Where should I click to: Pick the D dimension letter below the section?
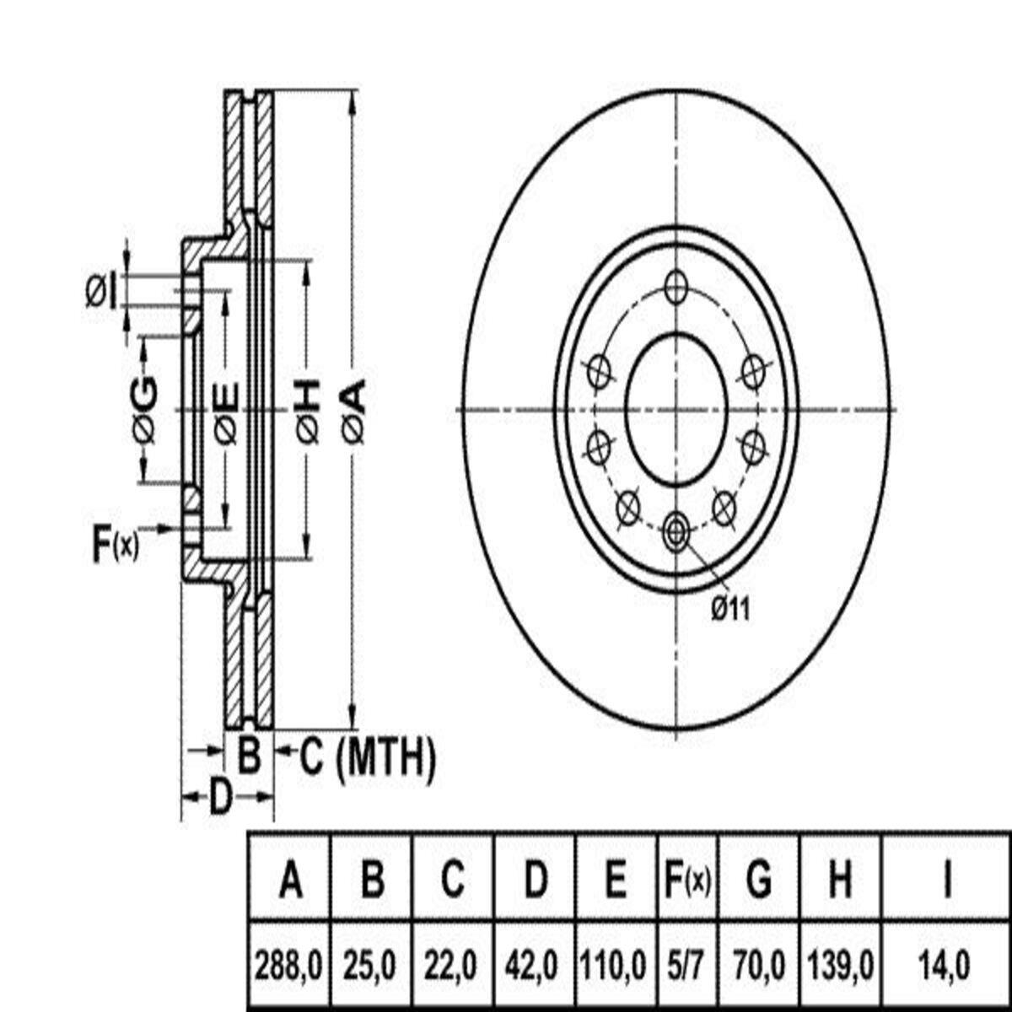pos(222,797)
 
